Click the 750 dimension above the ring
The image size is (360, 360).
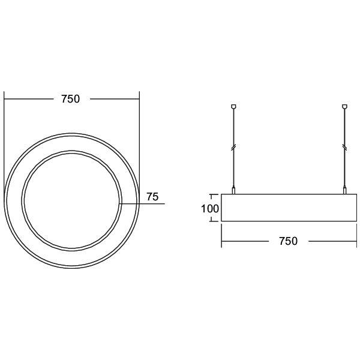point(70,99)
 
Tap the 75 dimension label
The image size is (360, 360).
point(152,197)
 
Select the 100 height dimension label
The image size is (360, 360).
point(210,209)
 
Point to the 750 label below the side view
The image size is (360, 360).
point(288,241)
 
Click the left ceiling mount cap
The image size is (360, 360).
point(233,107)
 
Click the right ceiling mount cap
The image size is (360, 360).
point(344,107)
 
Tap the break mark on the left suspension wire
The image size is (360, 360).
point(233,147)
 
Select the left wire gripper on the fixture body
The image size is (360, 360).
point(233,191)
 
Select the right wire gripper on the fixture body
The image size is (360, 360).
point(344,191)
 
